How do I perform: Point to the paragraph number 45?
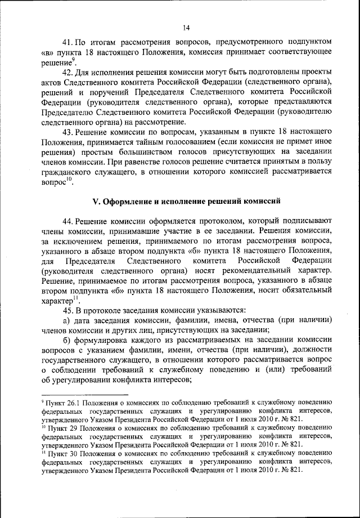(x=69, y=309)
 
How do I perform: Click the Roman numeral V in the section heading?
(x=95, y=201)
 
